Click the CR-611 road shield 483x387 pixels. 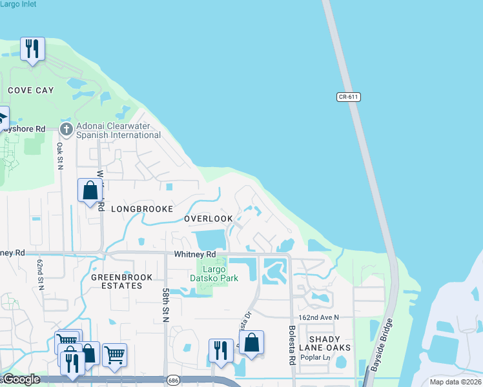pos(348,97)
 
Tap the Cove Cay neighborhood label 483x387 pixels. pos(31,90)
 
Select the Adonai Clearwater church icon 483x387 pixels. pos(66,130)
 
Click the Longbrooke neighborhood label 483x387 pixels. pos(142,209)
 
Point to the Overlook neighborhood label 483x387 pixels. pos(208,219)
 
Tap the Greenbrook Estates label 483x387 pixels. pos(122,282)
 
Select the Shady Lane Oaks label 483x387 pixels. pos(329,343)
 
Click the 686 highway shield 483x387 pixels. pos(173,379)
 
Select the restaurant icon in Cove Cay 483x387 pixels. pos(32,48)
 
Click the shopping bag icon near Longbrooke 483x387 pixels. pos(90,190)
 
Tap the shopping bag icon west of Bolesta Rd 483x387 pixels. pos(251,342)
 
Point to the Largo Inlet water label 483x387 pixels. pos(18,4)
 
